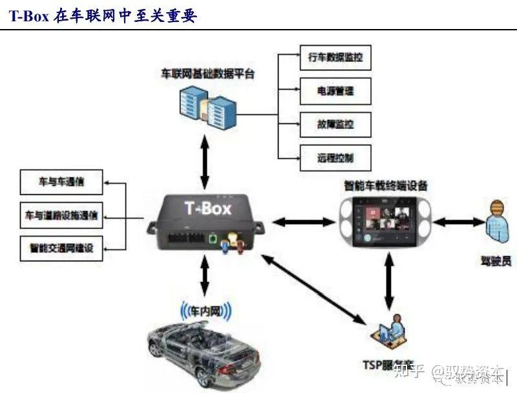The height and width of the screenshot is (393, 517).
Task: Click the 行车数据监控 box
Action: click(335, 58)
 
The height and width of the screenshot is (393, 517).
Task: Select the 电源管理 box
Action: click(335, 91)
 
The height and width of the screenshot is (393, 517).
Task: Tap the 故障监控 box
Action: click(335, 124)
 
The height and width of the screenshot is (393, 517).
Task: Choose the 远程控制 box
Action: click(335, 157)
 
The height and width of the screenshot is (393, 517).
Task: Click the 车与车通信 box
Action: click(61, 183)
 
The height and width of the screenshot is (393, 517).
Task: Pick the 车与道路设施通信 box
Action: click(61, 215)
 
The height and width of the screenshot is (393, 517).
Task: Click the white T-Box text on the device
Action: click(207, 208)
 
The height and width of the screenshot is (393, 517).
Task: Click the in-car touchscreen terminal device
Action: click(386, 221)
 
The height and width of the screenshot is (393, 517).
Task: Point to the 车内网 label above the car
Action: click(208, 312)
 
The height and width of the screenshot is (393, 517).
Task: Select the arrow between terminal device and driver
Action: click(459, 222)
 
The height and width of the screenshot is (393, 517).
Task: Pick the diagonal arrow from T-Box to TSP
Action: click(313, 287)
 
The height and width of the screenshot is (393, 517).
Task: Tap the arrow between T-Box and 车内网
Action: click(205, 276)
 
